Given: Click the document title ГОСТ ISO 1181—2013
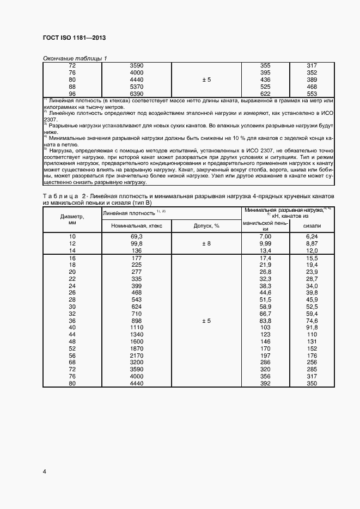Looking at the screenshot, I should coord(74,38).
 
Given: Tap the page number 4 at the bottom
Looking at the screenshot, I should coord(44,471).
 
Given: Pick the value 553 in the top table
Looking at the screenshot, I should coord(312,94).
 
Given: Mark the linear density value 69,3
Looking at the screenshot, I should coord(136,236).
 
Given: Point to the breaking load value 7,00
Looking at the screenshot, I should coord(265,236).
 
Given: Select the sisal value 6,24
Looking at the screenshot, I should coord(312,236).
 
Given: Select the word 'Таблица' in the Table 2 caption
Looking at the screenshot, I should coord(58,195).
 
